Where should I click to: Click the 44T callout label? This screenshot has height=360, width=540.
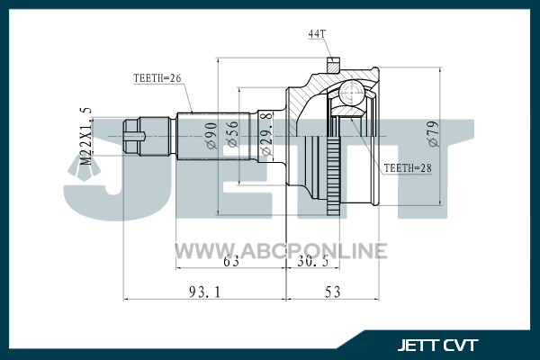317,34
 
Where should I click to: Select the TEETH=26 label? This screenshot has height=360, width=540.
157,78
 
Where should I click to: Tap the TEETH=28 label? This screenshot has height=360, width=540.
408,168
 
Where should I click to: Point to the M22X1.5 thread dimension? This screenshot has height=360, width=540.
86,136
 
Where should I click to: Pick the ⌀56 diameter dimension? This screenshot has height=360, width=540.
232,134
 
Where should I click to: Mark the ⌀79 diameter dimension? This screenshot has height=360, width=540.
434,134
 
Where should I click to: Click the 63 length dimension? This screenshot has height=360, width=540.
231,262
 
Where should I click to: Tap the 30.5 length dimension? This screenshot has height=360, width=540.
312,262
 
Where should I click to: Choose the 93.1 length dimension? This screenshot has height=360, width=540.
204,292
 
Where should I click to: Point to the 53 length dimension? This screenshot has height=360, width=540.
332,292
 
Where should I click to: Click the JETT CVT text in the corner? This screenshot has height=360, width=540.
437,346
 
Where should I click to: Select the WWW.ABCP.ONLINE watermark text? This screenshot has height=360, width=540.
281,250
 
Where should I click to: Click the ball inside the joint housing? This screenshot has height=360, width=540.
351,92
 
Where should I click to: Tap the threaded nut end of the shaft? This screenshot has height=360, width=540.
133,137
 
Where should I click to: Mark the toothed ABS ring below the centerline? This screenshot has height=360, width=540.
333,175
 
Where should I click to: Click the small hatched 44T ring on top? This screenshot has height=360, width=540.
333,65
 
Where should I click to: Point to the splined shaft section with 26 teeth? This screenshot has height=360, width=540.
212,137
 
